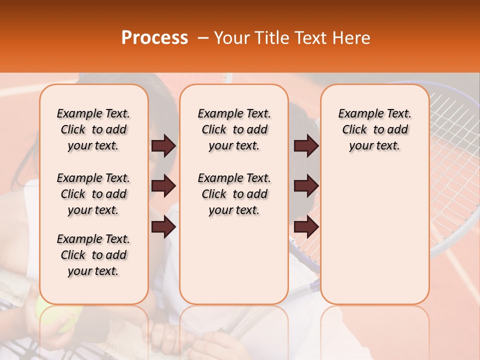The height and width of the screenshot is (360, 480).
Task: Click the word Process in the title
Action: [x=154, y=38]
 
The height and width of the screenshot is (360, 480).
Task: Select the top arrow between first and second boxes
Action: [x=163, y=145]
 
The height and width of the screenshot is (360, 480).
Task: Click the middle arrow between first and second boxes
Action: [x=163, y=186]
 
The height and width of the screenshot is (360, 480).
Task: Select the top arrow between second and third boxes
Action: [x=306, y=145]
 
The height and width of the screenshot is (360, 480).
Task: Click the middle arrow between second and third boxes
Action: [x=306, y=186]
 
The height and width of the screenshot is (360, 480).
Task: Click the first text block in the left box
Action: [x=93, y=129]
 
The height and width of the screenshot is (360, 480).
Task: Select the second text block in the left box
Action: [x=93, y=194]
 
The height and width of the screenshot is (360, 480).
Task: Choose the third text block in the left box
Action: [x=93, y=255]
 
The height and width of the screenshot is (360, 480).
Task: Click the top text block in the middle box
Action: [x=234, y=129]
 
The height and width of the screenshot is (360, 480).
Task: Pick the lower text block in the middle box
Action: [x=234, y=194]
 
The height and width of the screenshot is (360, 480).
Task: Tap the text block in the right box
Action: [x=374, y=129]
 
